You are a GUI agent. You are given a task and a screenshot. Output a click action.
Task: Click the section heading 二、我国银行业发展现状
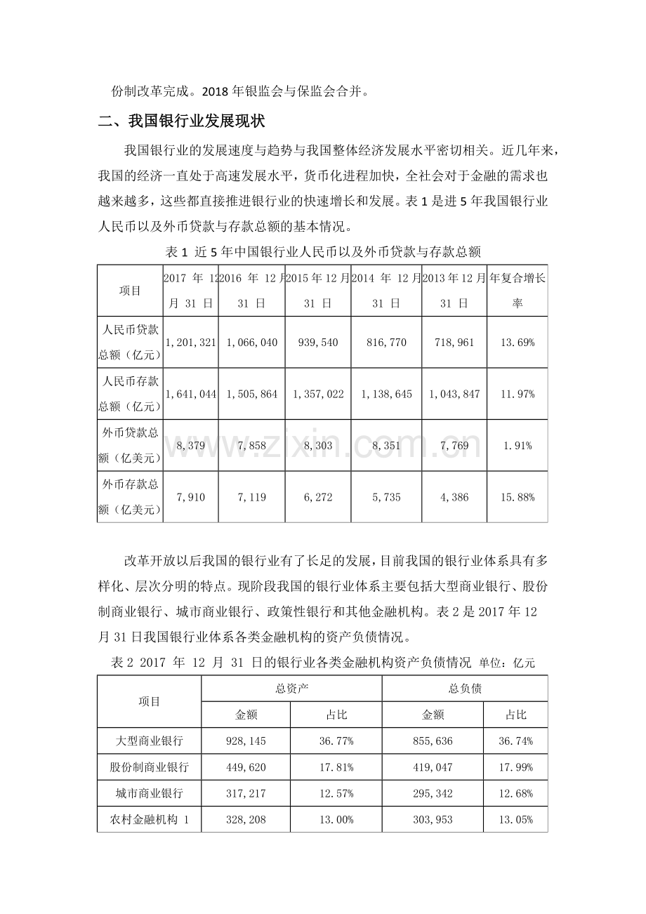[x=181, y=121]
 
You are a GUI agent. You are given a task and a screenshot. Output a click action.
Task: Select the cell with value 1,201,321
[x=191, y=343]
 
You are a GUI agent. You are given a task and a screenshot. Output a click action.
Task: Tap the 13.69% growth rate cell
[x=517, y=343]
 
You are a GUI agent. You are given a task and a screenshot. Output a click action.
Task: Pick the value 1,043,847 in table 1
[x=454, y=394]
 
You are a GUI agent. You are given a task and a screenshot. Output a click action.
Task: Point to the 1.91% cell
[x=517, y=445]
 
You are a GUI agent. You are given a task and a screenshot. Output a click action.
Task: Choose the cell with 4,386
[x=454, y=497]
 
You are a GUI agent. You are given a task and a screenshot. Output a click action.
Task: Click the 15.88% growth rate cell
[x=517, y=497]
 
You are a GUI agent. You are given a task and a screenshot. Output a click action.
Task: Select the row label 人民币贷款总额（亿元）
[x=130, y=343]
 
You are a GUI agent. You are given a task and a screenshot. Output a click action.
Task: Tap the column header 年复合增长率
[x=517, y=291]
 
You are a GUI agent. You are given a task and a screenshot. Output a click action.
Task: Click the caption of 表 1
[x=322, y=251]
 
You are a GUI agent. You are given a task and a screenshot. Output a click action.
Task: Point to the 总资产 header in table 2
[x=291, y=689]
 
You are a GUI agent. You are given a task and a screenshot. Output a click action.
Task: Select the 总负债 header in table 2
[x=465, y=689]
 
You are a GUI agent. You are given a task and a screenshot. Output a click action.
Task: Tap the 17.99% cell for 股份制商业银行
[x=515, y=767]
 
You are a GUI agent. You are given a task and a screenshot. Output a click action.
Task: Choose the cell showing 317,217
[x=246, y=793]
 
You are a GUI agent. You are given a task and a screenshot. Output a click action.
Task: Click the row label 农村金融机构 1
[x=150, y=819]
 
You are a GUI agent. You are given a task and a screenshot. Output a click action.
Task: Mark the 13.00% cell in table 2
[x=336, y=819]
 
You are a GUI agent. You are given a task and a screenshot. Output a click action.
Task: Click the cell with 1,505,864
[x=252, y=394]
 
